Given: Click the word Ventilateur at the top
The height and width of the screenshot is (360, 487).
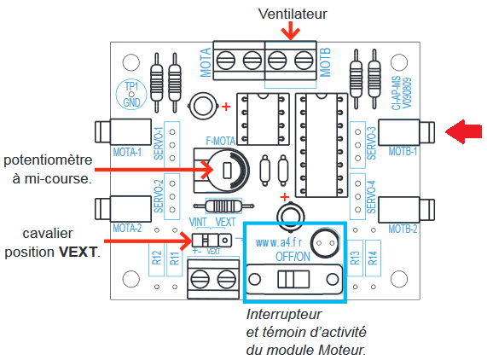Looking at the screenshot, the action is (293, 14).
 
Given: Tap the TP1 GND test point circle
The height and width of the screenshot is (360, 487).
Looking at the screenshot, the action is (131, 94).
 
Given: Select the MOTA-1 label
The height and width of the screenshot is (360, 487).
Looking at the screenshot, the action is (127, 152).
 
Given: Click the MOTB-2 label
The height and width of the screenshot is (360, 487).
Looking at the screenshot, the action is (403, 229).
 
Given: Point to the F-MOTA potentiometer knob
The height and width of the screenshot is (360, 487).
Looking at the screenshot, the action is (227, 171).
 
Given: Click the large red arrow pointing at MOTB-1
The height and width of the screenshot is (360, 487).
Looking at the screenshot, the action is (464, 131).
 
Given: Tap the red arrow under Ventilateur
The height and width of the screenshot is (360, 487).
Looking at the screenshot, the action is (290, 31).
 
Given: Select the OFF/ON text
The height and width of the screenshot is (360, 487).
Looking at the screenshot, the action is (293, 257).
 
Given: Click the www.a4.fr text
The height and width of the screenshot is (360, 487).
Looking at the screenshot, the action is (278, 242).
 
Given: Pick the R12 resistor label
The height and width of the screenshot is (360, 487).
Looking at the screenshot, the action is (157, 258).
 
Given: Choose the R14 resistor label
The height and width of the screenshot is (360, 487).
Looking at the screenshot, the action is (373, 258).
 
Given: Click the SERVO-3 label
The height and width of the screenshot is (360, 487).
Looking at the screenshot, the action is (372, 143).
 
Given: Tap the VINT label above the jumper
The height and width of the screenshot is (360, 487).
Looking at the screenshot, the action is (198, 222).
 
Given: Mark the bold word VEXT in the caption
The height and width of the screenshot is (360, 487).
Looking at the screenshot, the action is (78, 252).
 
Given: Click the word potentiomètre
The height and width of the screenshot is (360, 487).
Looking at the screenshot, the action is (48, 160).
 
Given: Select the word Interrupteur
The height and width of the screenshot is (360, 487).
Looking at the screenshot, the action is (284, 314).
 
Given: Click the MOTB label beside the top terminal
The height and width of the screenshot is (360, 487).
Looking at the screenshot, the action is (325, 62).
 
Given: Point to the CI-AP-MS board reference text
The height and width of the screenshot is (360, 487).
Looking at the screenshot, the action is (396, 93).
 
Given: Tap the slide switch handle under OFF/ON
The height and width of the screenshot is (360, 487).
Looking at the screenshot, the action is (293, 279).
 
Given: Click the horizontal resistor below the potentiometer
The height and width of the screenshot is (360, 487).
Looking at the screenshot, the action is (223, 206).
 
